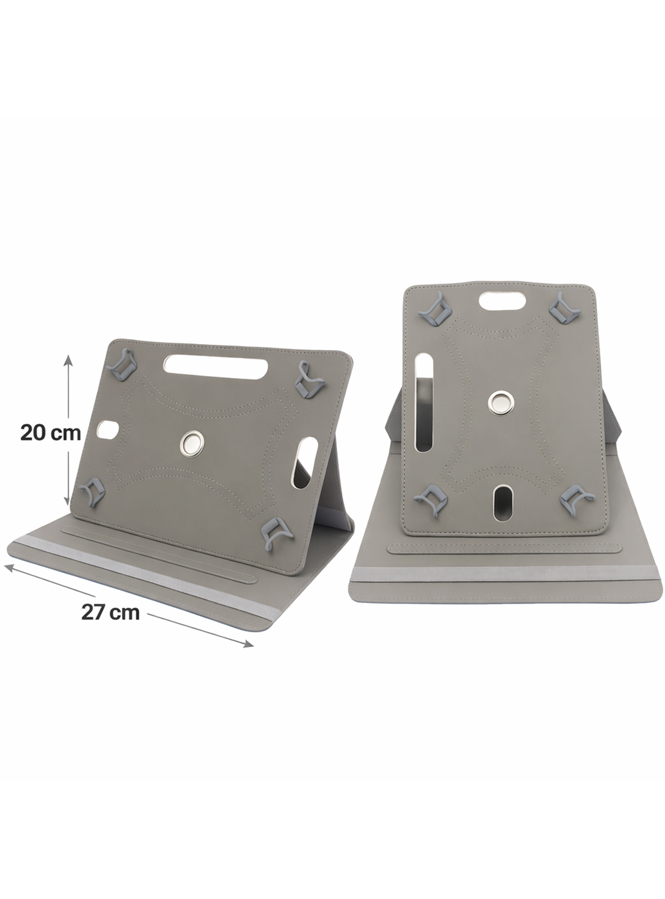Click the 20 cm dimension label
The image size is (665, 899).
pos(51,433)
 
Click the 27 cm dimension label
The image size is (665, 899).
pos(111,613)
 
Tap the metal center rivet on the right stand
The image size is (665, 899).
pos(500,401)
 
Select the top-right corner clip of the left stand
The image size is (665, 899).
pos(308,379)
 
